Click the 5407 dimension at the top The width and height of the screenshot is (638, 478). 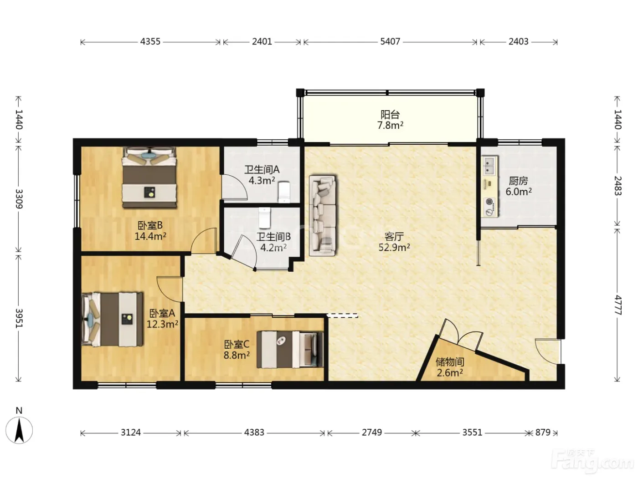[390, 42]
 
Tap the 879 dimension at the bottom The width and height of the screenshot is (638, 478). [543, 432]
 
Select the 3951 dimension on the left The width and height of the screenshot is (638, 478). [19, 318]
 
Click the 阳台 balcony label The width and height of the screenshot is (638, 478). [390, 115]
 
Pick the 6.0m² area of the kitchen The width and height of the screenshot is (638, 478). [519, 192]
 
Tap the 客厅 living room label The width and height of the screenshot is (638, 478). [394, 237]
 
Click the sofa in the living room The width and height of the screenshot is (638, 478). [322, 215]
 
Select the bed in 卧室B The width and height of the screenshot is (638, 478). [149, 177]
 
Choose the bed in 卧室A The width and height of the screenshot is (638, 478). [113, 319]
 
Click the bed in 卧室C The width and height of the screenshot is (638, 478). [290, 350]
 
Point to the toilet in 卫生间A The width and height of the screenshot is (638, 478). [284, 192]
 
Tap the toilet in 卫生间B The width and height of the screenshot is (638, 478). [264, 218]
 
